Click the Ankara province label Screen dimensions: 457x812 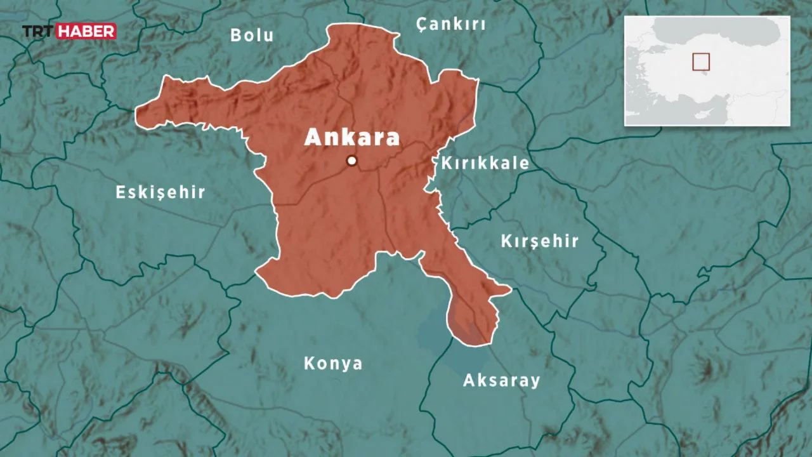(352, 138)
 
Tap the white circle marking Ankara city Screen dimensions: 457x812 (351, 161)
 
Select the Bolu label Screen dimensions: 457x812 (252, 35)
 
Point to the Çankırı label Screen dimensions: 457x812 (450, 25)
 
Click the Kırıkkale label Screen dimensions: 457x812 (485, 163)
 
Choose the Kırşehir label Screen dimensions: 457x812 (539, 241)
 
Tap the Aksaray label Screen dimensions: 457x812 (501, 381)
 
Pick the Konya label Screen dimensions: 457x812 (333, 364)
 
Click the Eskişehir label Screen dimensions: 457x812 (160, 192)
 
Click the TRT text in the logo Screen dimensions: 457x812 (39, 31)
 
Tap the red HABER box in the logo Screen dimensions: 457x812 (86, 31)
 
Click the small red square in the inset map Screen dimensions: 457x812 (701, 62)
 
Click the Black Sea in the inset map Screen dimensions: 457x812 (717, 29)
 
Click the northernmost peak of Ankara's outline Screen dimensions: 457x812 (332, 27)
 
